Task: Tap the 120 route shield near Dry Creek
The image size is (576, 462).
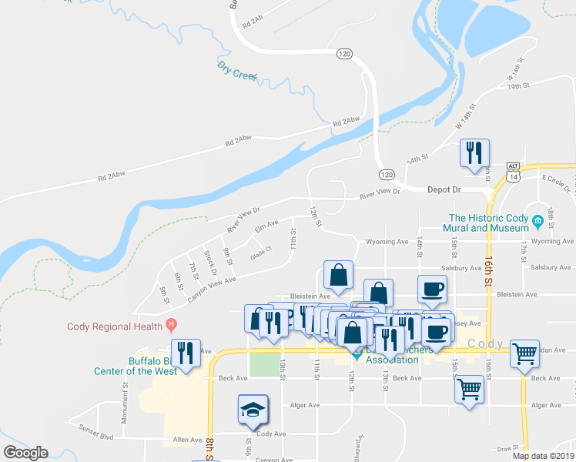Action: click(x=344, y=53)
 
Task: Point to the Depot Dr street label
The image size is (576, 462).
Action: click(x=444, y=189)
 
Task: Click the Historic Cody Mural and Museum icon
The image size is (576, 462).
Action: click(x=537, y=223)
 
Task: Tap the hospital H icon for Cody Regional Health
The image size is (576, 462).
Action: click(x=172, y=324)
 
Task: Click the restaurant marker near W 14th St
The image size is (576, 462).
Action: click(x=474, y=152)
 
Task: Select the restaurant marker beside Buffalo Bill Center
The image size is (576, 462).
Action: click(x=185, y=353)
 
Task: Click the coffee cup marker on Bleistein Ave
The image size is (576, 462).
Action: click(x=432, y=289)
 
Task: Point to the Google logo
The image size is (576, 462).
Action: click(x=26, y=453)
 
